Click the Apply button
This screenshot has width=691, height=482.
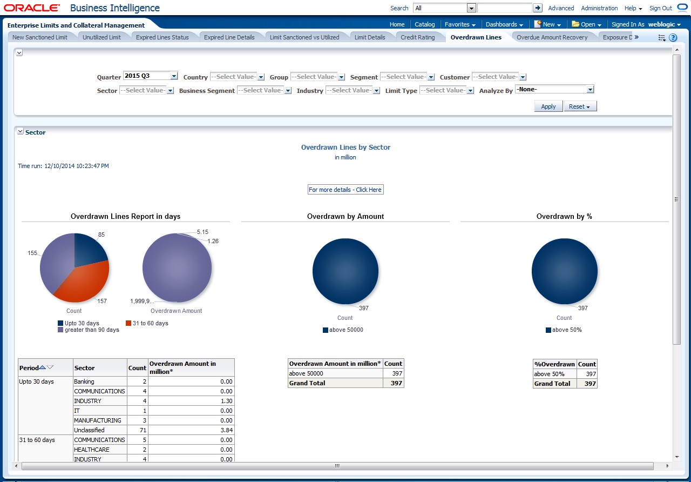click(548, 106)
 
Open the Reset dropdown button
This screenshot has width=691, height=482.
click(580, 106)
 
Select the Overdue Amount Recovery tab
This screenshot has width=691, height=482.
click(552, 37)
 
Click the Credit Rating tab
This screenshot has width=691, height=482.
click(417, 37)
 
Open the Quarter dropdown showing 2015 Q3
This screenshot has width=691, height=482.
click(151, 76)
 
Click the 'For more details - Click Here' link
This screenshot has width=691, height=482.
click(345, 190)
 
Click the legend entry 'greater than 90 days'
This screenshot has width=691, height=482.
click(92, 330)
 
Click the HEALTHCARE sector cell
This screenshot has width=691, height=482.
click(92, 450)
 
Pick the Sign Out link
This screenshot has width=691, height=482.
click(660, 8)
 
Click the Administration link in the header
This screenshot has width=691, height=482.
click(599, 8)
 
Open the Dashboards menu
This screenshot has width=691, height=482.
click(504, 24)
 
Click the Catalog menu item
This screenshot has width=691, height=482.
click(424, 24)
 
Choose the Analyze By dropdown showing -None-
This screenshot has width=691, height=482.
click(554, 89)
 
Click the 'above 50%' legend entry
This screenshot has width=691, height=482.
click(567, 330)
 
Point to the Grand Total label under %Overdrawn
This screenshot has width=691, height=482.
click(552, 384)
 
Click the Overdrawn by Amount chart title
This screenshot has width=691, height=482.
click(345, 216)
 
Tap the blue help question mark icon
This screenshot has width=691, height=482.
click(673, 38)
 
